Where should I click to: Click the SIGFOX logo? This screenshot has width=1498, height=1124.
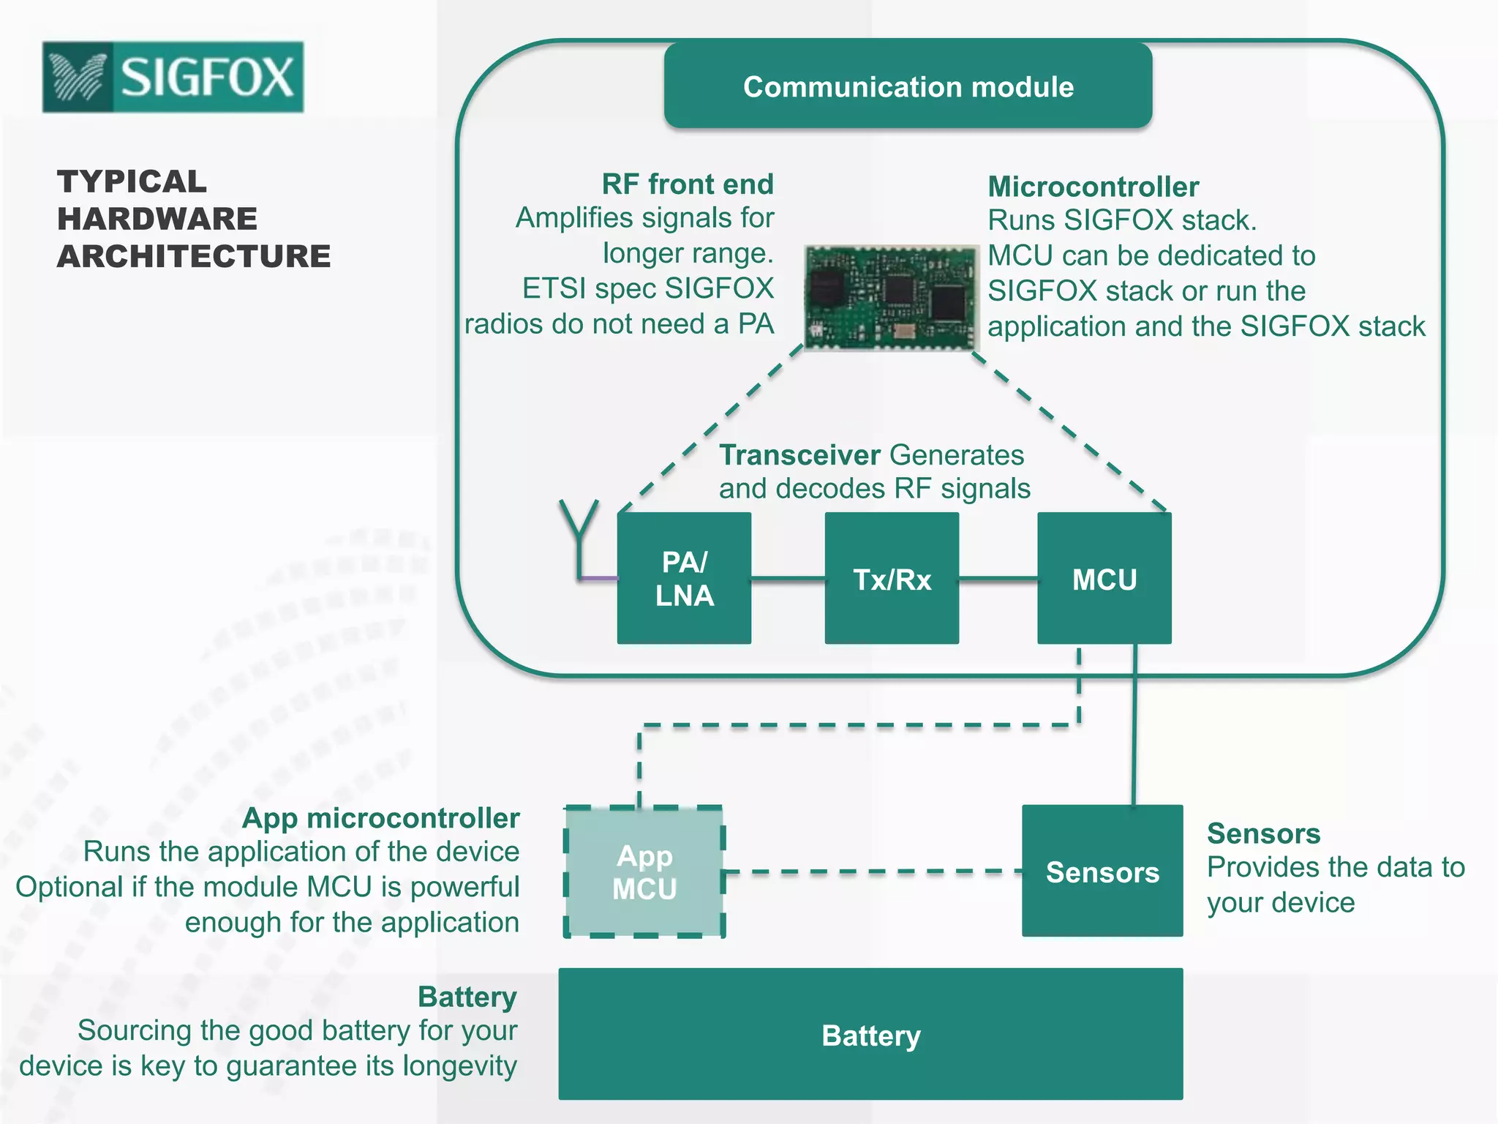click(x=173, y=77)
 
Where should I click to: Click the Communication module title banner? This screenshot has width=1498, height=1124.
click(x=908, y=86)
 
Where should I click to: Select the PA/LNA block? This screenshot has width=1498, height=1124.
click(x=684, y=578)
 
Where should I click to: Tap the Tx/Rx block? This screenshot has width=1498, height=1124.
click(x=892, y=578)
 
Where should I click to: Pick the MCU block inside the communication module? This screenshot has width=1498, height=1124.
click(x=1104, y=578)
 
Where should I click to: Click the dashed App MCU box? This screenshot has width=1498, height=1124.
click(x=644, y=872)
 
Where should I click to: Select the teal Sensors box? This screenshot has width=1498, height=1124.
click(x=1102, y=871)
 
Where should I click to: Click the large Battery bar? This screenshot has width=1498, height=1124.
click(x=870, y=1034)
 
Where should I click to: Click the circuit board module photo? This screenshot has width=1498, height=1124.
click(x=890, y=297)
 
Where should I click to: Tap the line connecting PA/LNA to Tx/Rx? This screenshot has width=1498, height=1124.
click(x=788, y=578)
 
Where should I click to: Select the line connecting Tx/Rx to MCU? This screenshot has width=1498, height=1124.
click(x=998, y=579)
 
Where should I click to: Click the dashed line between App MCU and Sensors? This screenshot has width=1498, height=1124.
click(x=870, y=872)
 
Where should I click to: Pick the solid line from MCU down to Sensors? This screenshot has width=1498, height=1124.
click(x=1134, y=724)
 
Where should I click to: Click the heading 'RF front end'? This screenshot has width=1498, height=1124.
click(x=688, y=184)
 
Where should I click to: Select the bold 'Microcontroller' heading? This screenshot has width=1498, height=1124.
click(x=1093, y=187)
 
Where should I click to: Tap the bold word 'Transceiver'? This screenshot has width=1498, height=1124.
click(x=799, y=455)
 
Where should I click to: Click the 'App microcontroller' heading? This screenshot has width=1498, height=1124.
click(x=380, y=818)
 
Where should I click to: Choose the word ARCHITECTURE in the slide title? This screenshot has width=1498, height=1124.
click(x=194, y=256)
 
